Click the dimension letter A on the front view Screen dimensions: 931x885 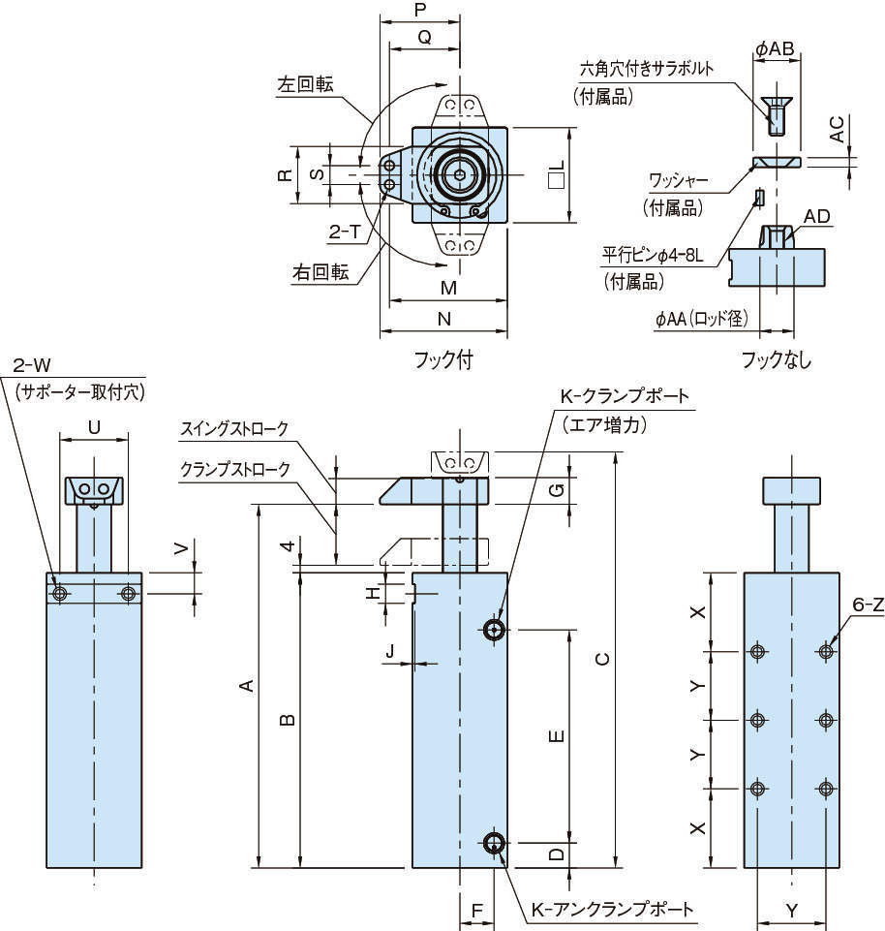click(247, 686)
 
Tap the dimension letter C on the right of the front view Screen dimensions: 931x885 click(602, 659)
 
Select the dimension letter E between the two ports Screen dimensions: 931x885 click(555, 736)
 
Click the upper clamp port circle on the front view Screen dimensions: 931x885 click(496, 631)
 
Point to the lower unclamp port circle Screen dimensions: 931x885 click(496, 843)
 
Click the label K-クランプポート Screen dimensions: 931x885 click(625, 396)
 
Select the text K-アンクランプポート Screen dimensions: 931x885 click(612, 910)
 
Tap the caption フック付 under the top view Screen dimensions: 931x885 click(443, 359)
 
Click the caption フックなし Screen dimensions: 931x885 click(777, 359)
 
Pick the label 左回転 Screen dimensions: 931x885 click(305, 84)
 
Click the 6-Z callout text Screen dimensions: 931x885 click(868, 605)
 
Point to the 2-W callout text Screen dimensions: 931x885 click(31, 365)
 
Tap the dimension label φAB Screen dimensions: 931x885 click(776, 47)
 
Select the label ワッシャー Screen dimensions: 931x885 click(679, 180)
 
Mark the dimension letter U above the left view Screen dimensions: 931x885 click(94, 425)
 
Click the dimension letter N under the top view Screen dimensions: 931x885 click(443, 318)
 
